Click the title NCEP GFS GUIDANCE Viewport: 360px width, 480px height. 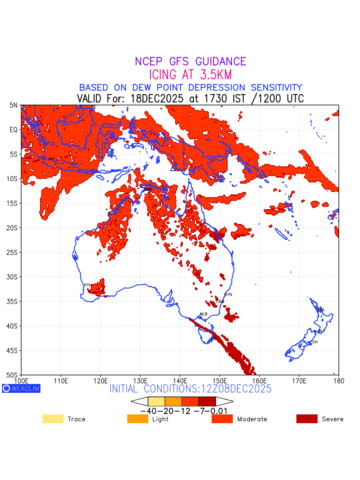tap(190, 62)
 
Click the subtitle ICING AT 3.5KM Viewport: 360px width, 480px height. tap(190, 75)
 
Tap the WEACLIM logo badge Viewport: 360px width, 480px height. tap(21, 388)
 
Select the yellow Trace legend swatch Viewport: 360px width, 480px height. tap(53, 419)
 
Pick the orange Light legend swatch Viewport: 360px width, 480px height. tap(138, 419)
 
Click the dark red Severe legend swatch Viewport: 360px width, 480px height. tap(307, 419)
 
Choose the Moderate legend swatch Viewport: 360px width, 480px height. tap(222, 419)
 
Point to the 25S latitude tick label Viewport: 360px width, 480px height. tap(13, 252)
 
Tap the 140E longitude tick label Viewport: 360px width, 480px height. tap(180, 380)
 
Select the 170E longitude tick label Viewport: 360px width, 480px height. tap(299, 380)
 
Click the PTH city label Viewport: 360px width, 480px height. tap(88, 285)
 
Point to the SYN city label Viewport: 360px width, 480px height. tap(228, 295)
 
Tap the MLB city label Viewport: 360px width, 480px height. tap(204, 314)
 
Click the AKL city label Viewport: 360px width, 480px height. tap(321, 310)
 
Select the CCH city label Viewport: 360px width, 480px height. tap(314, 342)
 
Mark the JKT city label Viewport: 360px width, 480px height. tap(52, 159)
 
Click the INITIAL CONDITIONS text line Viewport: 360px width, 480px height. tap(190, 389)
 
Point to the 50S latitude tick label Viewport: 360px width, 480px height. tap(13, 375)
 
